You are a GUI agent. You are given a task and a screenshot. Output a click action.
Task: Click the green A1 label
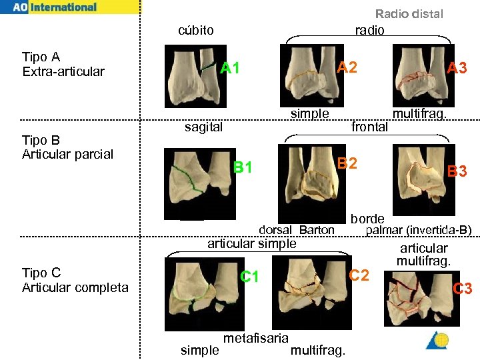pos(230,68)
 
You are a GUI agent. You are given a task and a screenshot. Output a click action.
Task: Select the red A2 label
pos(347,67)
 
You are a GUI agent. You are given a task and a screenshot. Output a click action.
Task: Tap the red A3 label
pos(457,68)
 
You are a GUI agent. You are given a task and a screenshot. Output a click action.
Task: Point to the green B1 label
pos(243,167)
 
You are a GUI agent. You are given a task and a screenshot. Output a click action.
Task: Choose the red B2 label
pos(347,163)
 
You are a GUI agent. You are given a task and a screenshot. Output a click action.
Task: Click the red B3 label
pos(457,172)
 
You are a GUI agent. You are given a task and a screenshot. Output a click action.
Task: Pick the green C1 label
pos(249,277)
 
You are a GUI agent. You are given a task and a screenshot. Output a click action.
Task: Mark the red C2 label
pos(359,274)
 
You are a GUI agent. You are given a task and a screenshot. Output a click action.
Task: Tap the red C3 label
pos(462,289)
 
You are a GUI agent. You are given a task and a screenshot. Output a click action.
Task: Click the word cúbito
pos(196,30)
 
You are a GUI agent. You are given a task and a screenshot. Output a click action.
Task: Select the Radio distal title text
pos(409,13)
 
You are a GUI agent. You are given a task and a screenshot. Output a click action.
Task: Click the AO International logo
pos(49,7)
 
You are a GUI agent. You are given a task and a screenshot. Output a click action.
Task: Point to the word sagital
pos(203,127)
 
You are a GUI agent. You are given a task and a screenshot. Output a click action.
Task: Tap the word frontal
pos(369,127)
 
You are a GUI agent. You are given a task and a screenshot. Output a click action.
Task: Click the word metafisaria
pos(256,337)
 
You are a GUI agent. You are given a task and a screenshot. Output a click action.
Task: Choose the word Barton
pos(317,230)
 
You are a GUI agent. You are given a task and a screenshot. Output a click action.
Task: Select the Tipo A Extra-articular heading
pos(63,64)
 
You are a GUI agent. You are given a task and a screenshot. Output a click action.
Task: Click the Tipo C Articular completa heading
pos(75,280)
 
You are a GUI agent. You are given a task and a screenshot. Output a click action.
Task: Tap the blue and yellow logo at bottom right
pos(440,340)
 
